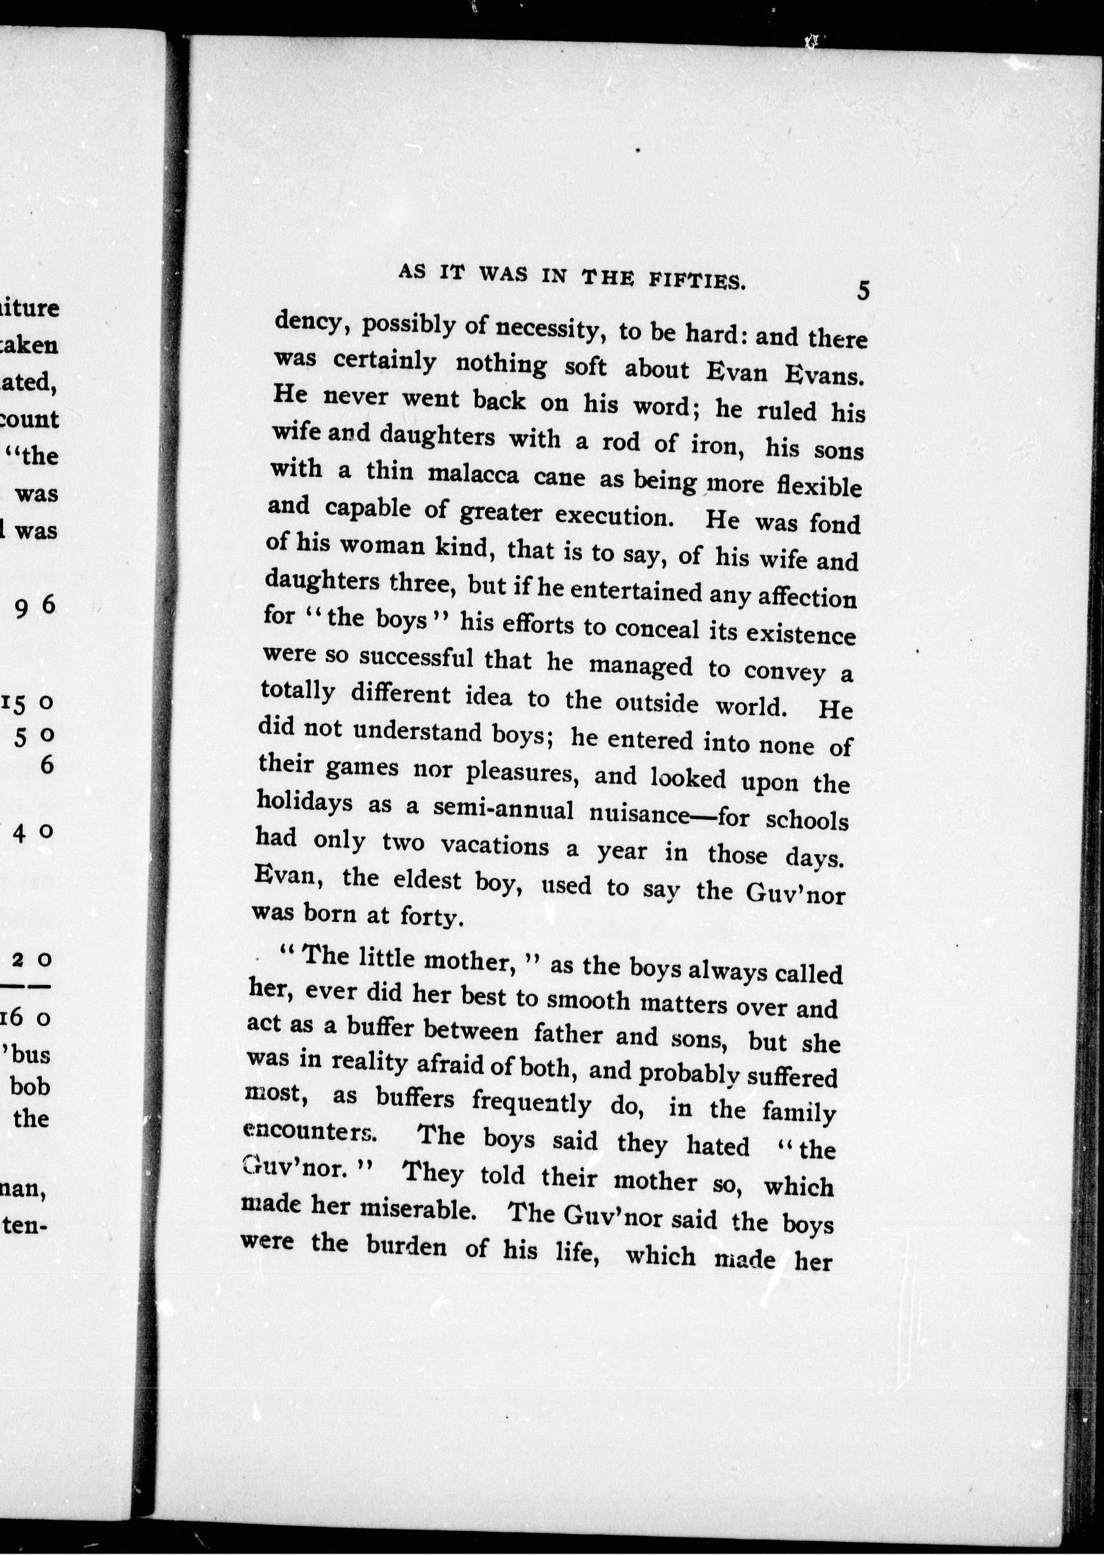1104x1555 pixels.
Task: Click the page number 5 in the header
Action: coord(863,290)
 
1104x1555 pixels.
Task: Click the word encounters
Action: coord(308,1130)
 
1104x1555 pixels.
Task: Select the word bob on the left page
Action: coord(31,1086)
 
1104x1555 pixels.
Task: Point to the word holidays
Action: coord(305,802)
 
